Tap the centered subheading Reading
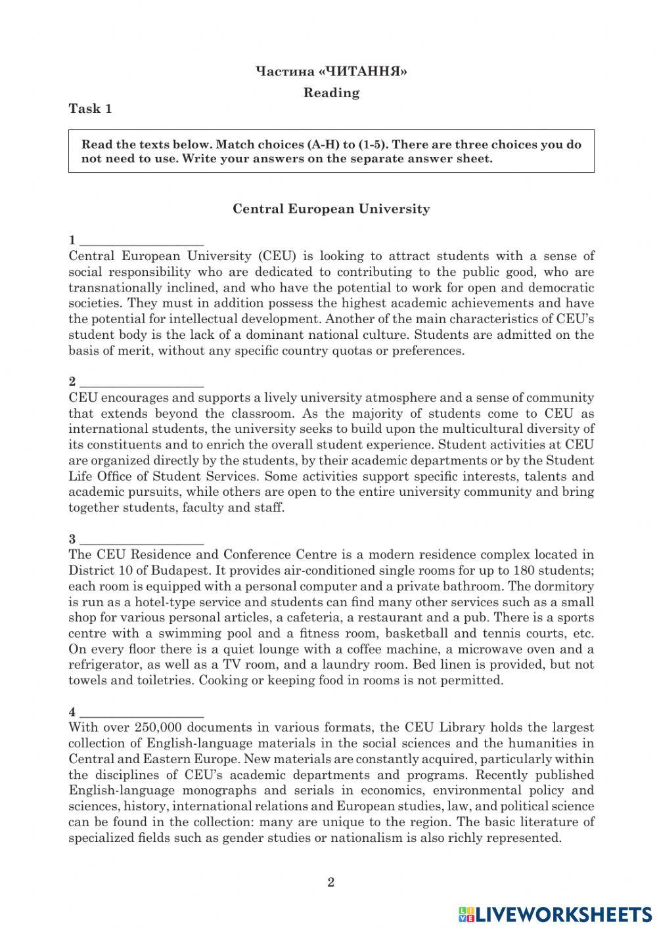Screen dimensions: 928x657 pyautogui.click(x=331, y=93)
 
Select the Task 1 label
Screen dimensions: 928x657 pyautogui.click(x=91, y=109)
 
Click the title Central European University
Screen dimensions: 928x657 pyautogui.click(x=331, y=209)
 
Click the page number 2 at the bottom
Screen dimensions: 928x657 pyautogui.click(x=330, y=882)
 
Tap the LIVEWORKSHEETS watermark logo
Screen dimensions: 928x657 pyautogui.click(x=555, y=914)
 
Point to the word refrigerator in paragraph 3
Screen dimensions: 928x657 pyautogui.click(x=101, y=665)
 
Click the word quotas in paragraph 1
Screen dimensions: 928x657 pyautogui.click(x=363, y=351)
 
